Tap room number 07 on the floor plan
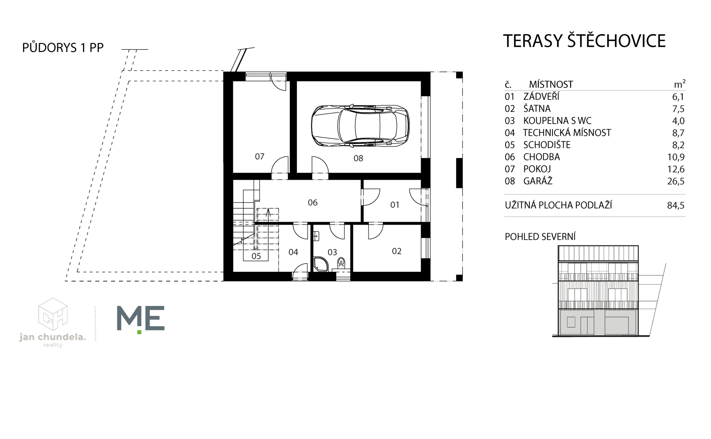click(260, 157)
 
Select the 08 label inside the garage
click(358, 158)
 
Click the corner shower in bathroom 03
click(321, 264)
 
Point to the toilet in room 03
click(341, 263)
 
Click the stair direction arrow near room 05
click(268, 213)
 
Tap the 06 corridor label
click(313, 202)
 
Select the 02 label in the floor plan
click(397, 251)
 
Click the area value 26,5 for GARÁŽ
click(676, 181)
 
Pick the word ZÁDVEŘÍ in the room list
click(541, 97)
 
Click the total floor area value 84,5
click(676, 205)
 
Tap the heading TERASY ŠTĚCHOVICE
click(584, 41)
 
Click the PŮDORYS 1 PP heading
click(63, 48)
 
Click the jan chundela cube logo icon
click(53, 314)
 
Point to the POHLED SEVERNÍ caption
click(540, 237)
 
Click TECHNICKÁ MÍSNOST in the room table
click(567, 133)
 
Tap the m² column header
click(680, 84)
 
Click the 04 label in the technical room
click(293, 252)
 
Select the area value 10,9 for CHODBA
click(676, 157)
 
